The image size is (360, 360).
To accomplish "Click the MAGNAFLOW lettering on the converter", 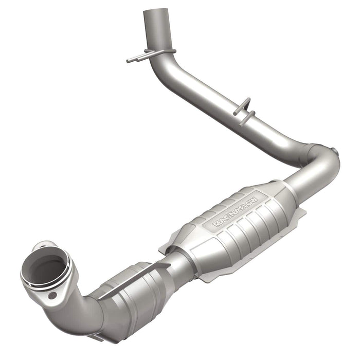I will [238, 210].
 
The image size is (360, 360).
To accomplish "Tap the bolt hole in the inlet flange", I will [52, 295].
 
